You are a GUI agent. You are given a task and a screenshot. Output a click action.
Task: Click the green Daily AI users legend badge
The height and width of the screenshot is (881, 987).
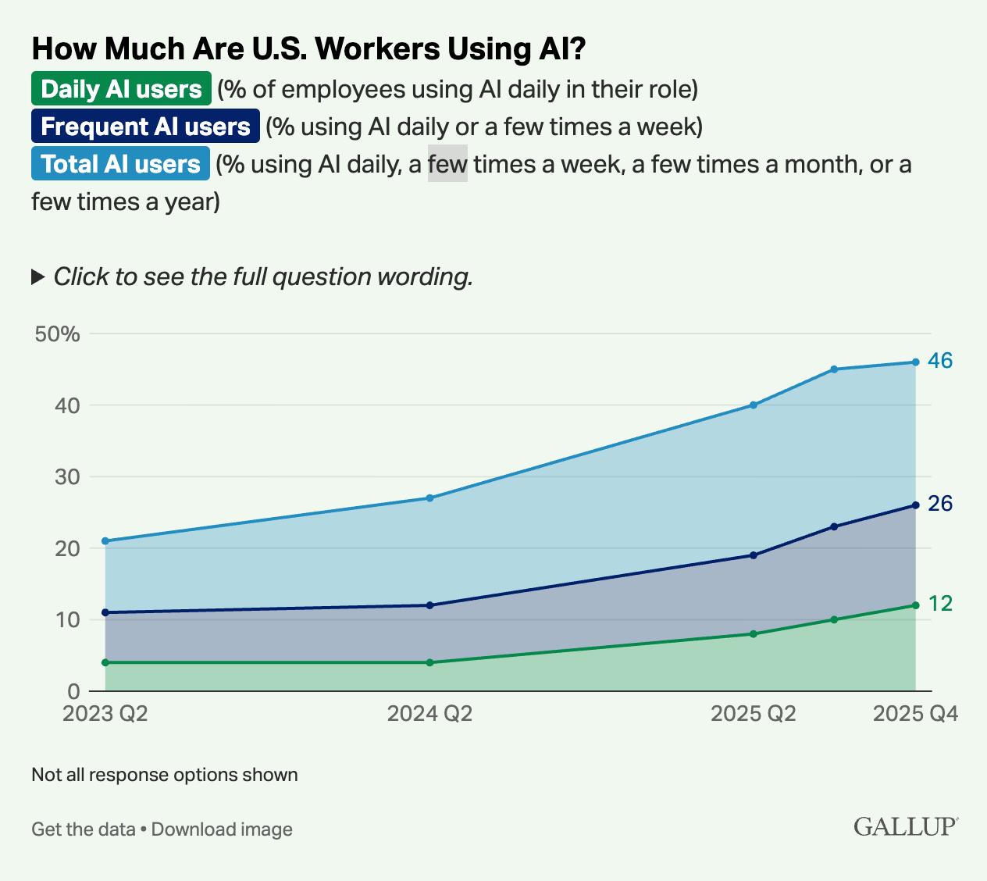coord(121,88)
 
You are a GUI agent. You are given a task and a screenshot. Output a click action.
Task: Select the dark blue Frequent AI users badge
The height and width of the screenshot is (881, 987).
coord(145,126)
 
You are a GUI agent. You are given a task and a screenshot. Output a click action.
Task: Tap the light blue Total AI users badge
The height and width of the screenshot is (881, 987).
coord(120,163)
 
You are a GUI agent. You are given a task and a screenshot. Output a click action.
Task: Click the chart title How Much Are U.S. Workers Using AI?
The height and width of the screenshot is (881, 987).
coord(308,48)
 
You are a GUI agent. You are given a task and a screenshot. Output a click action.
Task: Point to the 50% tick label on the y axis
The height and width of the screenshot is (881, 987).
coord(58,334)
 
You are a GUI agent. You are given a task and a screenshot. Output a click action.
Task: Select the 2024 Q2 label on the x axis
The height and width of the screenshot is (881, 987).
coord(429,715)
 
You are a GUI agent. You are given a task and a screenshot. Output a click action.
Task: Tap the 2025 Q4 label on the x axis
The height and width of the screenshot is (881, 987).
coord(915,715)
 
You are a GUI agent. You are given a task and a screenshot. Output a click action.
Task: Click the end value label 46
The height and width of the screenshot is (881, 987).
coord(940,361)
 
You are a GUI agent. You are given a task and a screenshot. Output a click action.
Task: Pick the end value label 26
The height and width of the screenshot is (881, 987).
coord(940,504)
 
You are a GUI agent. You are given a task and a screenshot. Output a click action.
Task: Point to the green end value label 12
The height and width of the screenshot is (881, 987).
coord(940,604)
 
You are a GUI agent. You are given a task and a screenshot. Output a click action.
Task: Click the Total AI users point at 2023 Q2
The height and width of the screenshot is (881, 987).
coord(105,540)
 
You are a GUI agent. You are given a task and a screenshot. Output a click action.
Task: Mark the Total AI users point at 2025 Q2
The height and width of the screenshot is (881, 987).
coord(754,405)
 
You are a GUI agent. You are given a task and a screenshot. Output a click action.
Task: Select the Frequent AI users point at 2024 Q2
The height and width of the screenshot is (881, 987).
coord(430,605)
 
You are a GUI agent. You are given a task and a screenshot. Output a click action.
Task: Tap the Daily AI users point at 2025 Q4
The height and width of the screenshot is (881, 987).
coord(915,605)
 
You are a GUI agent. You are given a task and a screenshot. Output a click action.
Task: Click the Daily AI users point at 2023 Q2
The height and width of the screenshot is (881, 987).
coord(105,662)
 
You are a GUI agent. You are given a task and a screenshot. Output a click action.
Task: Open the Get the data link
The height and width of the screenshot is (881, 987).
coord(83,829)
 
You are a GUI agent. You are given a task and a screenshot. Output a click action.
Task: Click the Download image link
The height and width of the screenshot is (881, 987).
coord(222,829)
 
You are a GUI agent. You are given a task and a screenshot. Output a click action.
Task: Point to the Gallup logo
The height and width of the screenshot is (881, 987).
coord(906,826)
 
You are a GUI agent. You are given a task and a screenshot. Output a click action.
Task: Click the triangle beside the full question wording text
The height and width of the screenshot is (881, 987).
coord(37,276)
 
